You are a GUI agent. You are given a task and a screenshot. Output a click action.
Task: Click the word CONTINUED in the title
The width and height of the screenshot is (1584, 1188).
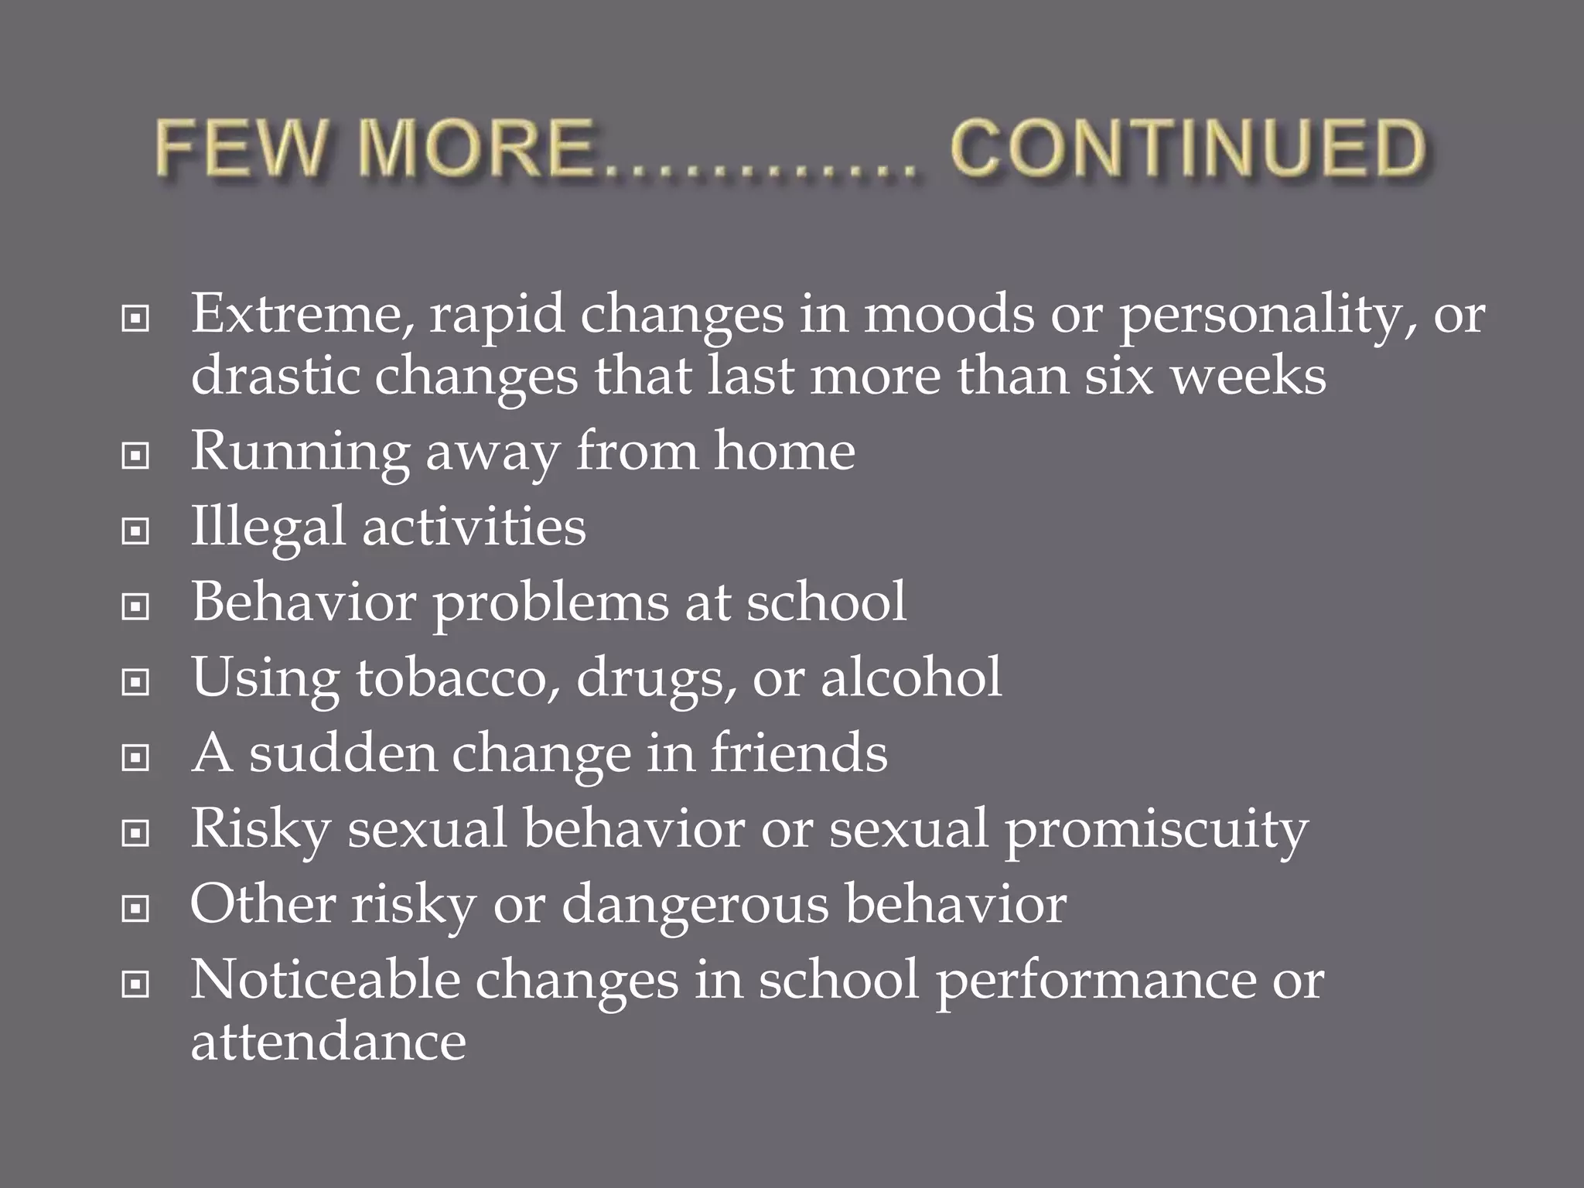tap(1187, 149)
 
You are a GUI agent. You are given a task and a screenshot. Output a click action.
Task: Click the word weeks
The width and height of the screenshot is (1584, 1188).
tap(1247, 377)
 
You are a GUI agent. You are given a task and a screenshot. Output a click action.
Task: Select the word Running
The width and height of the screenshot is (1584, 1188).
tap(299, 453)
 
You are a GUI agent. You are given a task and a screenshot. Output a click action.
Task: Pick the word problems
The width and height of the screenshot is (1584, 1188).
tap(550, 604)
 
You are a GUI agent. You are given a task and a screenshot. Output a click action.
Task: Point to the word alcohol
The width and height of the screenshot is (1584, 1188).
tap(910, 678)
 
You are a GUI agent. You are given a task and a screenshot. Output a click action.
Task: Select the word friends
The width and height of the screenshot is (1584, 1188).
tap(799, 753)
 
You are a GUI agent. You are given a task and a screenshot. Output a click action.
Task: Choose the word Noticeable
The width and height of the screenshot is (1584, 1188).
tap(325, 980)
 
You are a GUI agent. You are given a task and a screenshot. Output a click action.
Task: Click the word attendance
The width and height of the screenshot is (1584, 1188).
tap(328, 1042)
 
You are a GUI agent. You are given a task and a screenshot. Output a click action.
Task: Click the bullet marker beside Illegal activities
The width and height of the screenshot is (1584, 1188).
tap(135, 531)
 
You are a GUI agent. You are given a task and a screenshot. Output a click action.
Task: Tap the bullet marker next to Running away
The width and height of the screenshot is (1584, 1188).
tap(135, 456)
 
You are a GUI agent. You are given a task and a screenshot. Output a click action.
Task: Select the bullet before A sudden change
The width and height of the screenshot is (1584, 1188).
tap(135, 758)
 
